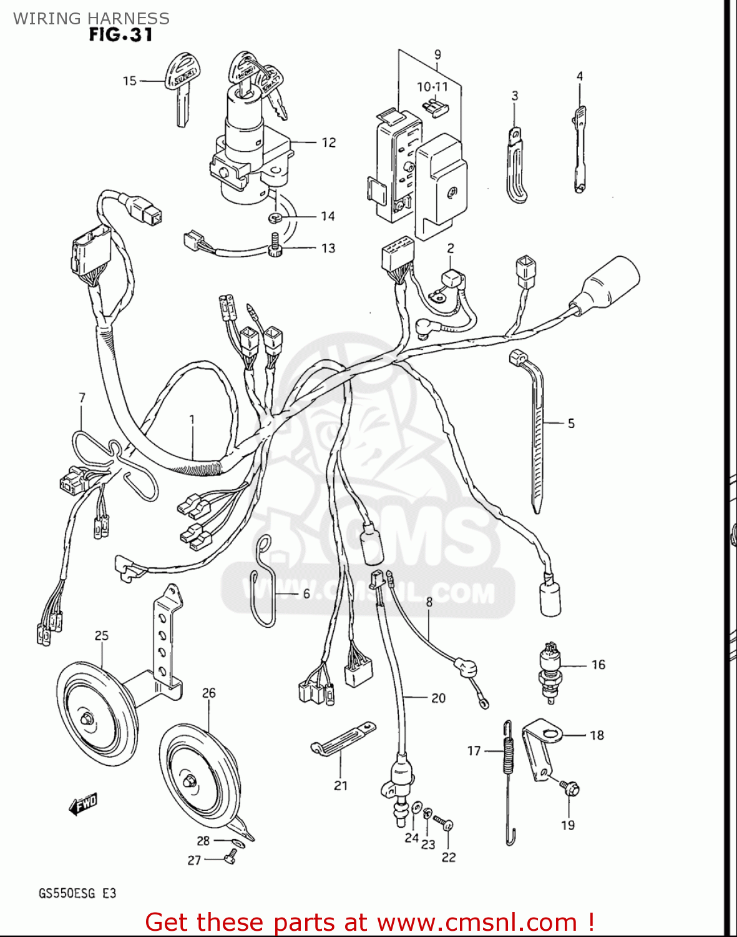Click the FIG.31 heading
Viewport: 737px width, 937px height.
(x=120, y=35)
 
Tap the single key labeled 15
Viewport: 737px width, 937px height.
(x=180, y=87)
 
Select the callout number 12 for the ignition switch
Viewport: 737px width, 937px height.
(x=329, y=143)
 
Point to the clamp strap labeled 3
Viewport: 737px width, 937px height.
(x=515, y=166)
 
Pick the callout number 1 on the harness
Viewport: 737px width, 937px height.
(x=192, y=420)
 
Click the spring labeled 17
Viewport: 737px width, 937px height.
(x=509, y=781)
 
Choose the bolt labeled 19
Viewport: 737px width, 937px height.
(x=570, y=788)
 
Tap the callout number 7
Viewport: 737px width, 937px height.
(x=82, y=398)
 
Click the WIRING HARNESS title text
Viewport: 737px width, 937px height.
(x=91, y=18)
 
